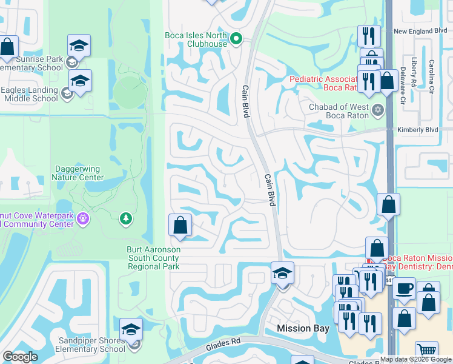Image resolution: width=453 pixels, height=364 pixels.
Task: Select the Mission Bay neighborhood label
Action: (x=303, y=328)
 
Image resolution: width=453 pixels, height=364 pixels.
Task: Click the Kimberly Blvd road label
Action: (x=417, y=130)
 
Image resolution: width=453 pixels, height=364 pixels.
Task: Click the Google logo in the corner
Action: (x=20, y=357)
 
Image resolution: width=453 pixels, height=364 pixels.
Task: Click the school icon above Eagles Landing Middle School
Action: (x=79, y=81)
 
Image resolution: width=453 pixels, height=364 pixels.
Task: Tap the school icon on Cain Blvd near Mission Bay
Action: (x=282, y=274)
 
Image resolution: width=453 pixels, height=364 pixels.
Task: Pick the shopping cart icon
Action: (x=426, y=351)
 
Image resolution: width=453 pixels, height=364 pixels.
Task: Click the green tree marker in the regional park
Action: (x=126, y=218)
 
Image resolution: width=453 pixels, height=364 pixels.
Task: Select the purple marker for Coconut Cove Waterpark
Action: (x=83, y=218)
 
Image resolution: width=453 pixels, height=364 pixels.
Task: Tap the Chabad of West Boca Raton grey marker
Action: (x=379, y=110)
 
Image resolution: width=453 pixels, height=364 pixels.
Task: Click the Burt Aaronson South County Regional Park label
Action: (x=153, y=258)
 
